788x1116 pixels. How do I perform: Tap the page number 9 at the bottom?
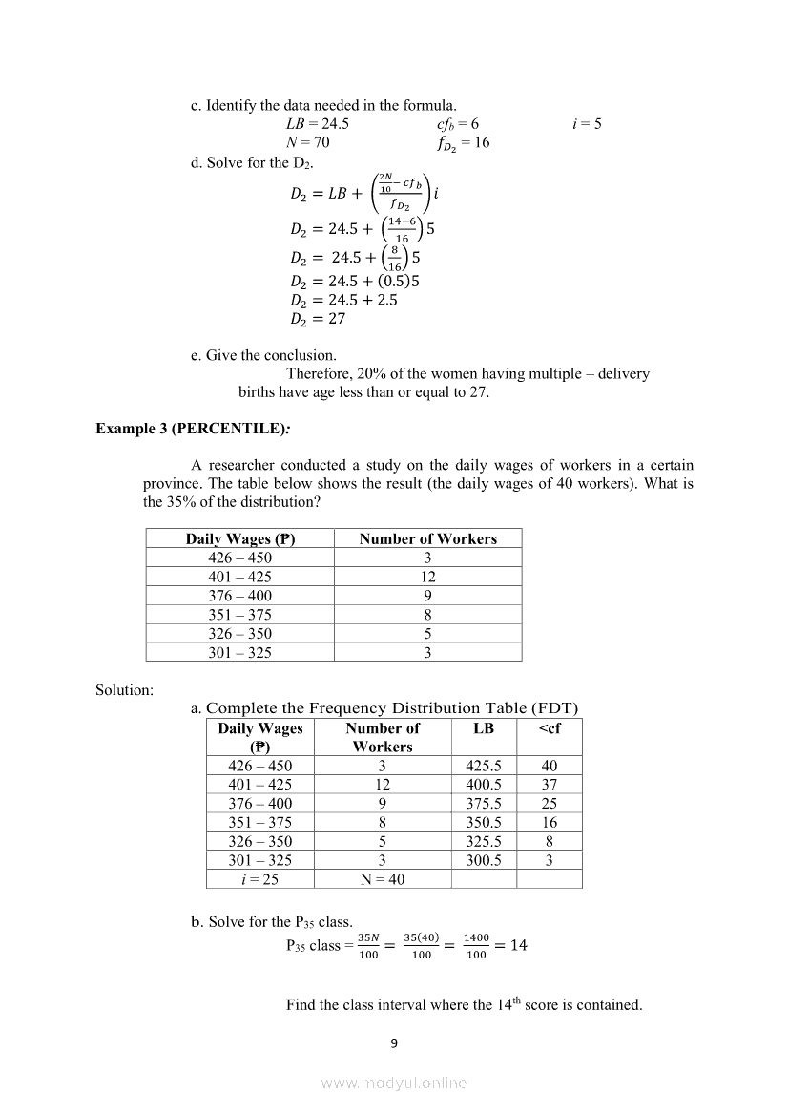click(394, 1042)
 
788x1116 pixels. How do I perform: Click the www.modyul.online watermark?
click(394, 1083)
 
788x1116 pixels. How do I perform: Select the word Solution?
click(124, 689)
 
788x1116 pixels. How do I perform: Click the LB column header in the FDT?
click(484, 728)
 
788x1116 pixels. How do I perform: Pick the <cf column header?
click(550, 728)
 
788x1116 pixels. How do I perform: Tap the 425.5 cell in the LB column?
click(484, 766)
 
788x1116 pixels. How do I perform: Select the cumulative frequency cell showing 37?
click(550, 785)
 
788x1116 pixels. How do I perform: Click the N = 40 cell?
click(383, 879)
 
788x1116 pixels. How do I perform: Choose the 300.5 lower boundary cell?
click(484, 860)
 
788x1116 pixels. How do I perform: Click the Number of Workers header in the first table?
click(427, 538)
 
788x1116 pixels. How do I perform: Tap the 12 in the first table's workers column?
click(427, 577)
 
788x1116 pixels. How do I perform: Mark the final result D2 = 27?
click(318, 319)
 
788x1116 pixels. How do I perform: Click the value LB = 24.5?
click(318, 124)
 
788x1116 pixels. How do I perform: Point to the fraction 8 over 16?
click(394, 258)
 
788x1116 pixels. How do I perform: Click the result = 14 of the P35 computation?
click(511, 945)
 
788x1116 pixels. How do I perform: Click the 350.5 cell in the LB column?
click(484, 822)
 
